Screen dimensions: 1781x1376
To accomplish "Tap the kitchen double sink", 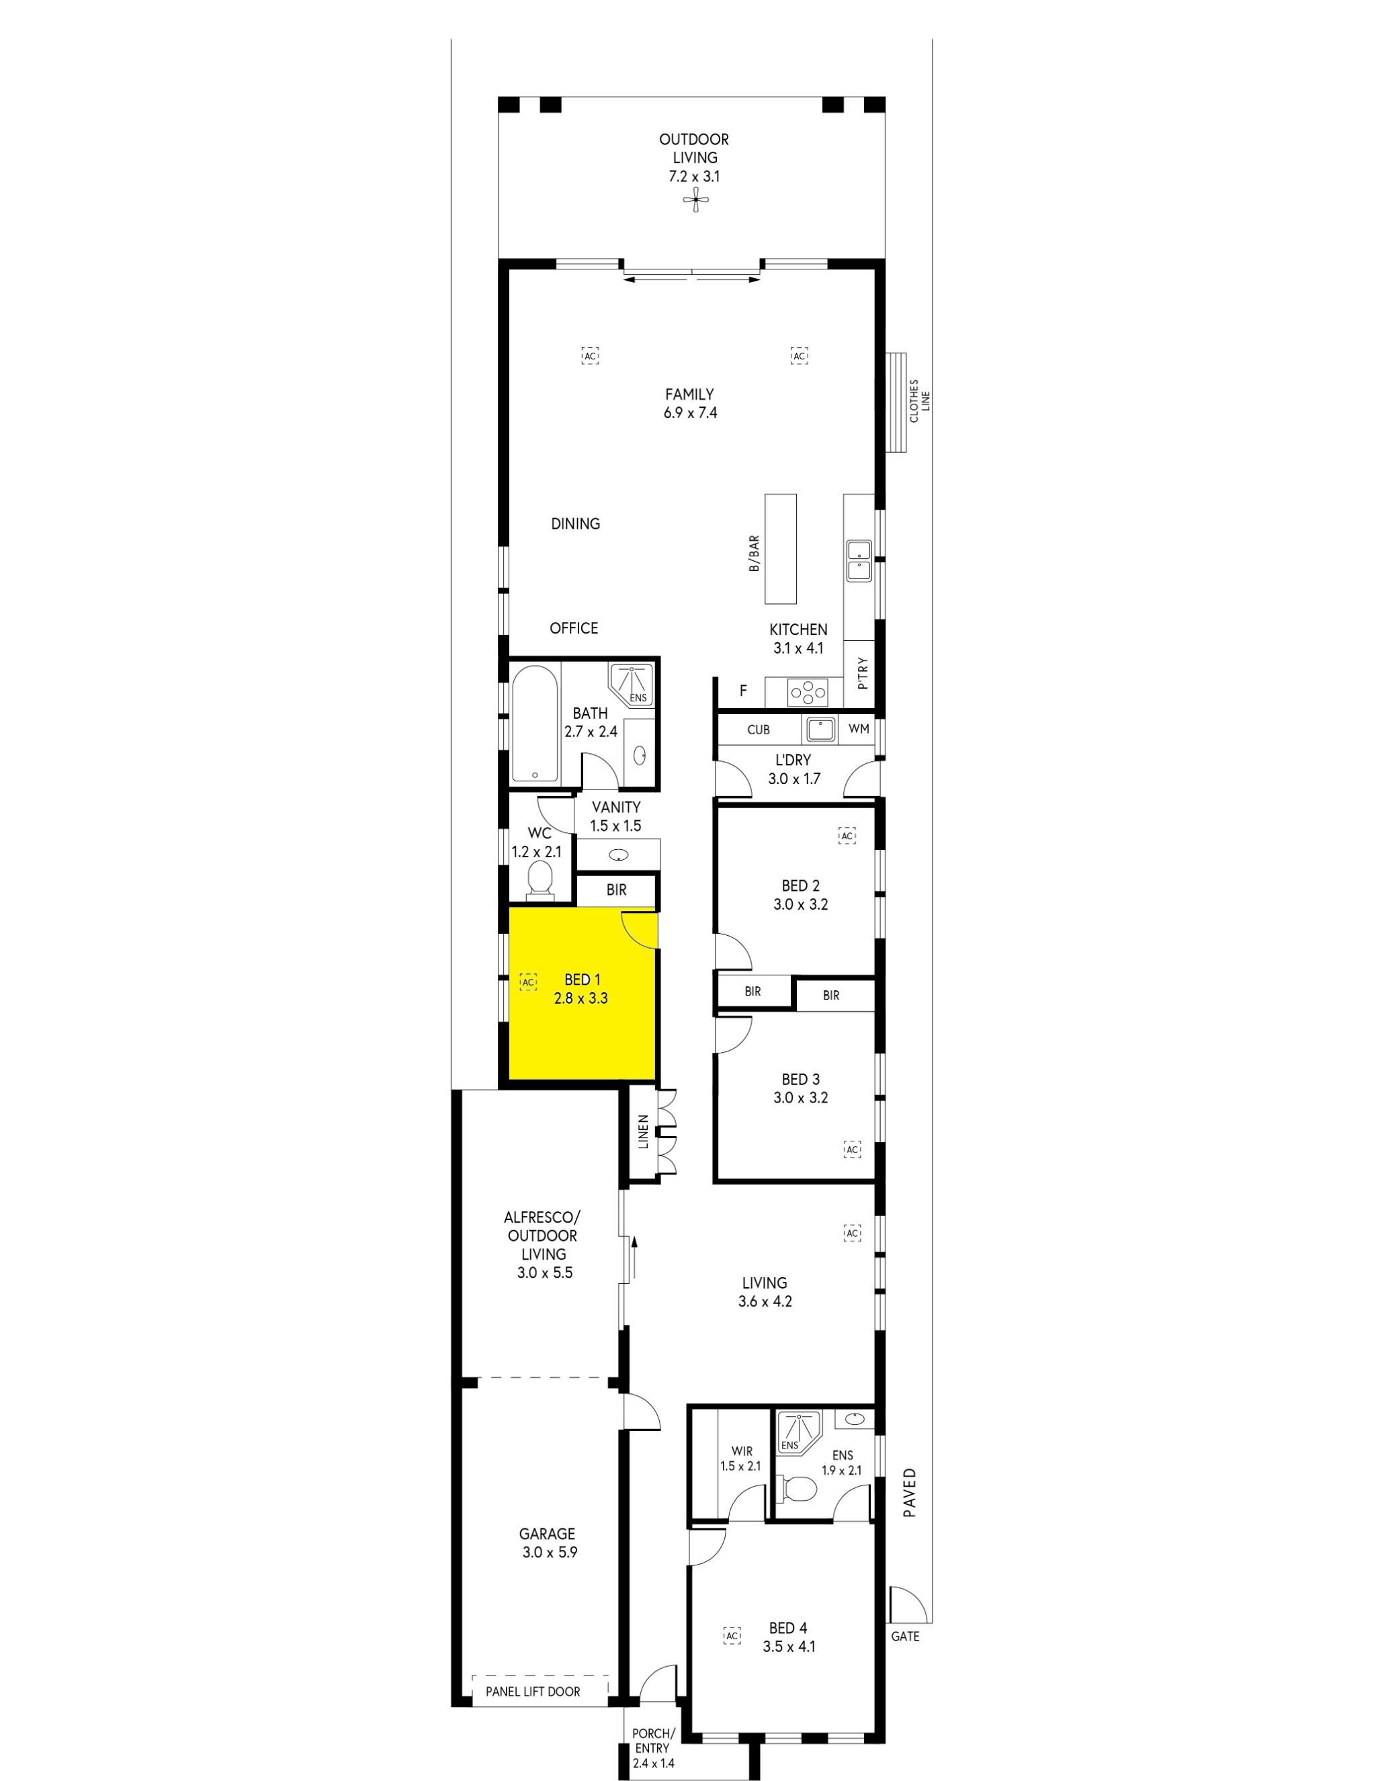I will (858, 560).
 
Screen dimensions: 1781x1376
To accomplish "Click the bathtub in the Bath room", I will (534, 724).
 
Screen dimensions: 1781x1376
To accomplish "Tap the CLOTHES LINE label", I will (919, 400).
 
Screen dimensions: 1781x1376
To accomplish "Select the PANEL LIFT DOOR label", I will (533, 1691).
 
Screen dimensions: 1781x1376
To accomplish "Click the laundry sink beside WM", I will (820, 729).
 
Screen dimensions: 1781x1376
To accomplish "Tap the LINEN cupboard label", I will (643, 1132).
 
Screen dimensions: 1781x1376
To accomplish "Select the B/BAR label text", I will (755, 553).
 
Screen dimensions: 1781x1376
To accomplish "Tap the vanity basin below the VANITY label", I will (619, 855).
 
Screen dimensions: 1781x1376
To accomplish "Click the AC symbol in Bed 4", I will (732, 1636).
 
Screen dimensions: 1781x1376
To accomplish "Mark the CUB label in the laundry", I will (758, 729).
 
